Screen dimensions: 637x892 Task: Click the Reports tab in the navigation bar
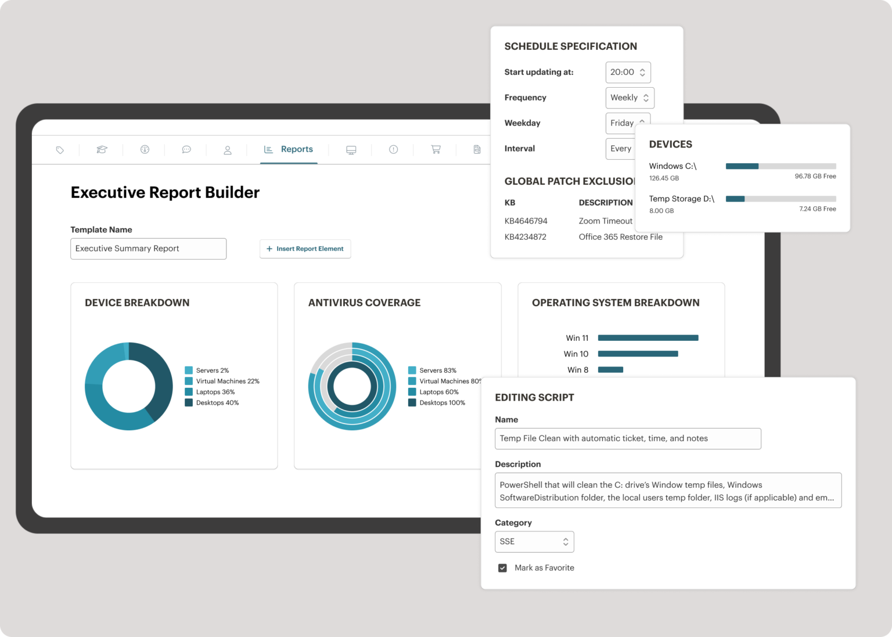289,149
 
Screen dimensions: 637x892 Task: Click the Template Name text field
148,249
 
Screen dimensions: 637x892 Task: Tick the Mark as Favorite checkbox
502,568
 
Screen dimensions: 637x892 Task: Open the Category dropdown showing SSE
534,542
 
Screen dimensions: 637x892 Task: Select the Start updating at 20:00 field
627,73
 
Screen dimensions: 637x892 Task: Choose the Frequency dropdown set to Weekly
630,98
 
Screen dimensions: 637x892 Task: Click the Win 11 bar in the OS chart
648,338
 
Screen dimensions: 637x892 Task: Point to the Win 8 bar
610,370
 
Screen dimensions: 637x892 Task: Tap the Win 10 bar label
576,354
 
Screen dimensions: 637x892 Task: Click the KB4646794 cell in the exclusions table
526,221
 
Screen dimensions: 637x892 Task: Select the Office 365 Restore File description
620,237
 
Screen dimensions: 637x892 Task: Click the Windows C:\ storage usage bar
780,167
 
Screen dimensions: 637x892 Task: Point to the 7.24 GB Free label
817,209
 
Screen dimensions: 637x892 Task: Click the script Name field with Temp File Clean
627,439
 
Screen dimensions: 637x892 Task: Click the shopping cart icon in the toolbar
436,150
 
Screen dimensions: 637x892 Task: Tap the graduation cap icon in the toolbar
102,150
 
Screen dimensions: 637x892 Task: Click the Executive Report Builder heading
165,193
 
